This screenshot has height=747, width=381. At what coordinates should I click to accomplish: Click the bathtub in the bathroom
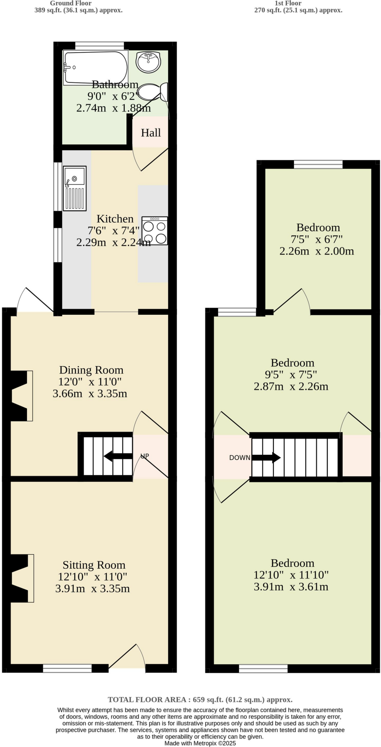coord(96,67)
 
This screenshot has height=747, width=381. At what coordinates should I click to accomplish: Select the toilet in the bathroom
coord(153,92)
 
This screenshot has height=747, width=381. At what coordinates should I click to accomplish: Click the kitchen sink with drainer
coord(75,188)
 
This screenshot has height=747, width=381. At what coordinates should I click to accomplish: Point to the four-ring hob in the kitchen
coord(155,231)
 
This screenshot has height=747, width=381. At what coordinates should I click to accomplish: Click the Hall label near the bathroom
coord(151,133)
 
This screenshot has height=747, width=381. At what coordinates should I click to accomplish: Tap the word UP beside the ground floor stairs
coord(145,456)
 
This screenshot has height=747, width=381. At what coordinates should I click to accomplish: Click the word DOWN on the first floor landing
coord(240,457)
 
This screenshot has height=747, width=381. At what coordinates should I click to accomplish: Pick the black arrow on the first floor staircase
coord(266,457)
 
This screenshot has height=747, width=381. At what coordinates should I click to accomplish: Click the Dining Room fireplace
coord(20,396)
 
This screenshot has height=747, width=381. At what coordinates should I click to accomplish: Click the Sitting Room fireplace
coord(21,578)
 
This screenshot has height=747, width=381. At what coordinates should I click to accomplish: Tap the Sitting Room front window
coord(67,668)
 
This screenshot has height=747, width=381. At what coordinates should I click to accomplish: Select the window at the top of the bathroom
coord(99,45)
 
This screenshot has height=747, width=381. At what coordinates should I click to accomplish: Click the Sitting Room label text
coord(94,565)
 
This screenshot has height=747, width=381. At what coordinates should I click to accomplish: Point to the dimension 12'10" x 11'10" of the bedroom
coord(291,575)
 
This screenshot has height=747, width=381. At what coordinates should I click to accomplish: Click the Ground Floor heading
coord(71,3)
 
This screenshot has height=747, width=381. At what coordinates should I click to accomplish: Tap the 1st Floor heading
coord(288,3)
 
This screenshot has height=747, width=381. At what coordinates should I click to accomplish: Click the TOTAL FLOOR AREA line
coord(200,699)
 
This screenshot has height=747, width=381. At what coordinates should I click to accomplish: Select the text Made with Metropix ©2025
coord(200,743)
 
